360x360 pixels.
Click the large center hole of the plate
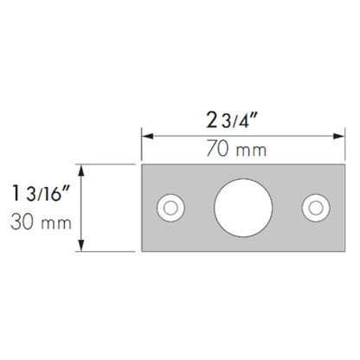[x=243, y=208]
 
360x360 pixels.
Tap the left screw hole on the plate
[x=170, y=208]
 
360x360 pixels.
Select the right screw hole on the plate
[x=316, y=208]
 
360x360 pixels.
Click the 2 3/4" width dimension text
[x=232, y=120]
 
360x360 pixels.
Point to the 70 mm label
[x=236, y=149]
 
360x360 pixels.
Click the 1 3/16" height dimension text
[x=41, y=193]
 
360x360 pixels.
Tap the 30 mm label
[x=41, y=222]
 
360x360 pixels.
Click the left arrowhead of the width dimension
[x=148, y=136]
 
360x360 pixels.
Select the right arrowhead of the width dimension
[x=338, y=136]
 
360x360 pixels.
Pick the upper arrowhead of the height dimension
[x=81, y=170]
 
